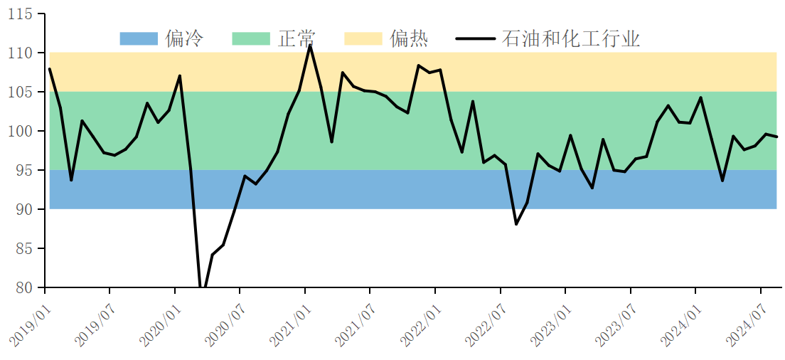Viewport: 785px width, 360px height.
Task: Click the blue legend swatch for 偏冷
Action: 139,38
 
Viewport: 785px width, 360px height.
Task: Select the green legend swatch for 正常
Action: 251,38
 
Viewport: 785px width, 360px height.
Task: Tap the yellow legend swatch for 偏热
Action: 363,38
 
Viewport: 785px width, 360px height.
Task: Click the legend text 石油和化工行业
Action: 571,38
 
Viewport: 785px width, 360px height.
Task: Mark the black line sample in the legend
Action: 475,38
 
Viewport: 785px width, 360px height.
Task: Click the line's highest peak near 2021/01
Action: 310,45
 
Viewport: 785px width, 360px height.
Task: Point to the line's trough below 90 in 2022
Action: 516,224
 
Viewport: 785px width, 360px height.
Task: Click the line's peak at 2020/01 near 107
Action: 180,75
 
